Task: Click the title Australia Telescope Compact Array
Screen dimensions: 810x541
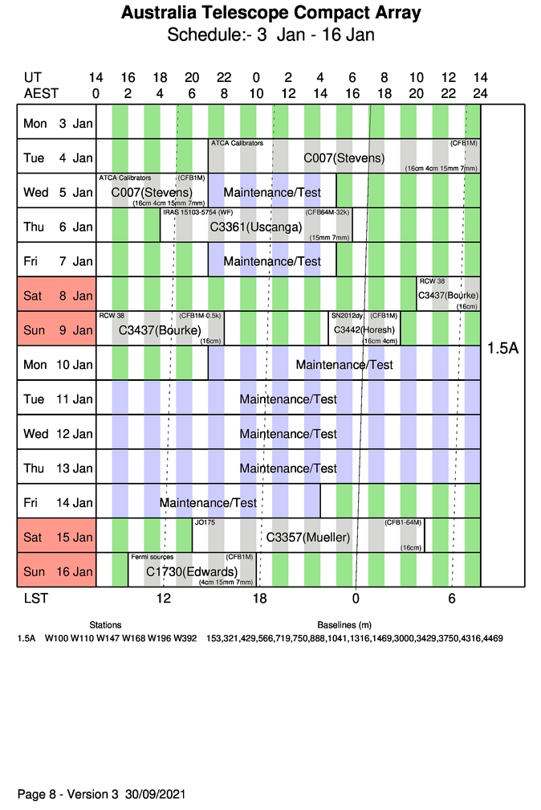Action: [270, 14]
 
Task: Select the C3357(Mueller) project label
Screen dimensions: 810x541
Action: [307, 537]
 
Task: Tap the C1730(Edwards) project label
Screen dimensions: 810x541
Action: [186, 571]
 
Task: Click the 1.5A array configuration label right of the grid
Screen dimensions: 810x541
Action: [502, 348]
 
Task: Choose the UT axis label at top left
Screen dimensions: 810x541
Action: [33, 77]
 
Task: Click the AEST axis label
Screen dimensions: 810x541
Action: [41, 93]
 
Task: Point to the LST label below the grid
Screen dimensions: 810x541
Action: [31, 599]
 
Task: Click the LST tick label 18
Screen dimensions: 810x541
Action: [259, 599]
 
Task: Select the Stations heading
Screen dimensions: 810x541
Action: [105, 624]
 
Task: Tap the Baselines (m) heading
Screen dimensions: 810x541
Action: [344, 624]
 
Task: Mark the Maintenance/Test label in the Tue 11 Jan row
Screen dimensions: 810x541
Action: [288, 399]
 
